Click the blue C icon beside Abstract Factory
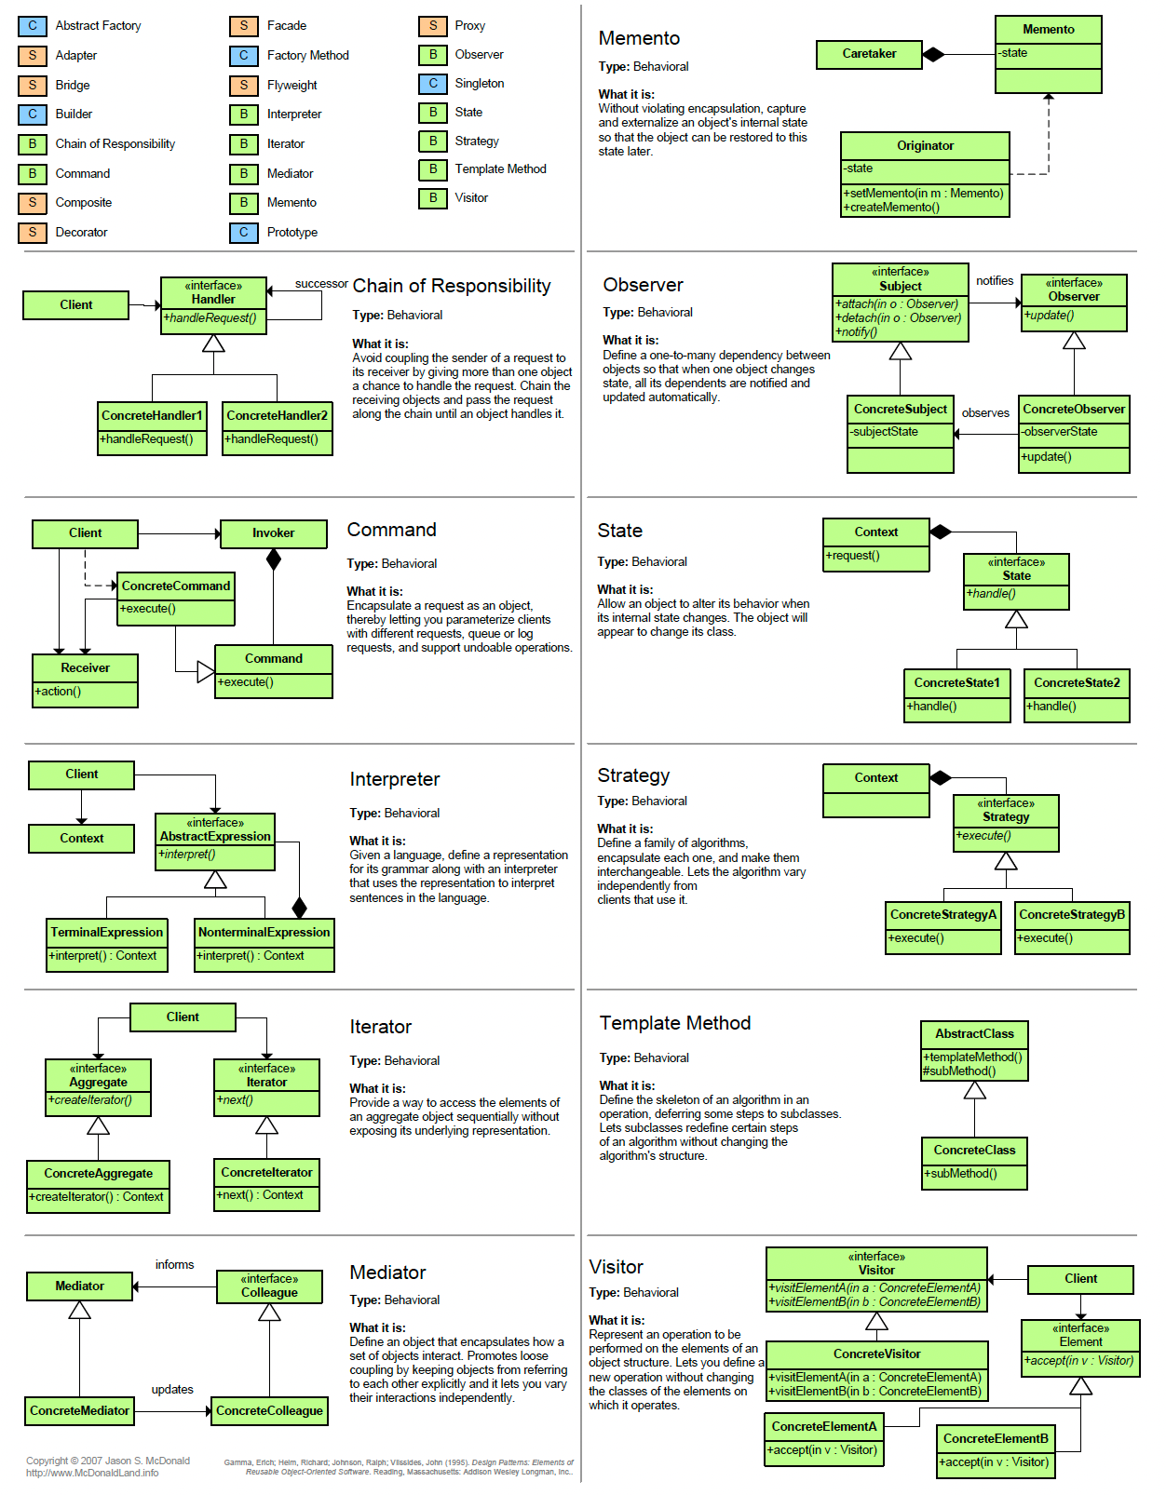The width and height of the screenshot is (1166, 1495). click(x=33, y=26)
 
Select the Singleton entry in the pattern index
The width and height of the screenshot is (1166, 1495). click(x=479, y=84)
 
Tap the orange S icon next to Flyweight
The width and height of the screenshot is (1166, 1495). click(x=244, y=85)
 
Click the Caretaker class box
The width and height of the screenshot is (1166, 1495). click(x=869, y=54)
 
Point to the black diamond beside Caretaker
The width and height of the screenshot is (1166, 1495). click(x=933, y=54)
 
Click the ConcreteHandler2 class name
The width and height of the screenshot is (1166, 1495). click(x=277, y=416)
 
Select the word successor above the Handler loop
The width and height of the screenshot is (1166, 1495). click(x=321, y=284)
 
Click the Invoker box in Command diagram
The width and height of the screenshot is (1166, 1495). click(x=273, y=533)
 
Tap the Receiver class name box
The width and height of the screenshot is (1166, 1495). click(x=85, y=668)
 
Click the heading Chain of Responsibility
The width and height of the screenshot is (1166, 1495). click(x=452, y=287)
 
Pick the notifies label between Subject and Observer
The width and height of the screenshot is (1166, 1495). click(x=995, y=281)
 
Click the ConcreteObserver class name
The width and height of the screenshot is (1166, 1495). click(x=1074, y=410)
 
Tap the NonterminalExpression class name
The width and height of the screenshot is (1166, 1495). click(x=264, y=933)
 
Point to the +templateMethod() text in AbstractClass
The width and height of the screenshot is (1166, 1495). click(x=972, y=1057)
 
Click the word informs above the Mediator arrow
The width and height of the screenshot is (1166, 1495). click(x=174, y=1265)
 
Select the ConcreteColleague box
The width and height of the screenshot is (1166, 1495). click(x=269, y=1411)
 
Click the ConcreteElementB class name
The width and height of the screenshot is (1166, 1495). click(x=996, y=1439)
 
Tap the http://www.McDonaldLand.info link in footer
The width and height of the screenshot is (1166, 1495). click(x=92, y=1474)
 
